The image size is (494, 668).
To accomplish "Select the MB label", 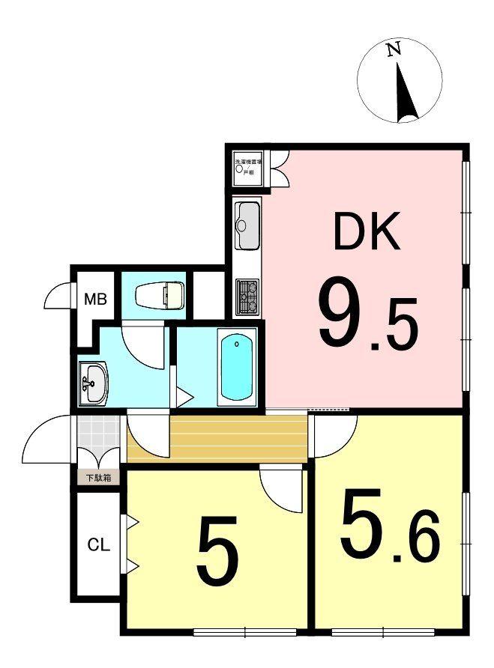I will pos(95,300).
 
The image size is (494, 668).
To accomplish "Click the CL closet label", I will pos(98,545).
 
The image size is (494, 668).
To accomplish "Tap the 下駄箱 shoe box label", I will pos(97,477).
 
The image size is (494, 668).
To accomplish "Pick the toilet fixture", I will pos(159,295).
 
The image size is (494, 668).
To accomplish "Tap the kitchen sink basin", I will pos(247,225).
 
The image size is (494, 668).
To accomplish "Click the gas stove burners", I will pos(247,297).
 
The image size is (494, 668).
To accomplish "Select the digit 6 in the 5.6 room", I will pos(424,543).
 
